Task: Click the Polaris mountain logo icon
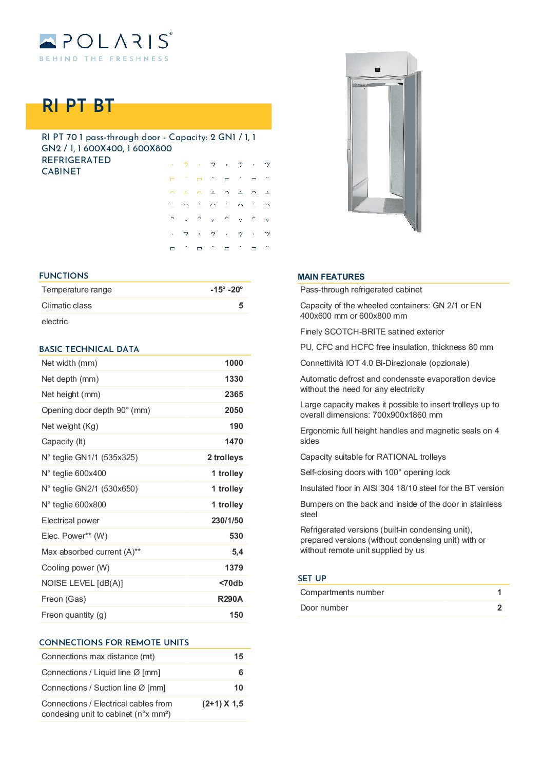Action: point(48,41)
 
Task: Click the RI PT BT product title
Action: point(78,106)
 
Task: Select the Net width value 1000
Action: point(234,363)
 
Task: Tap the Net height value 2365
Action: point(234,395)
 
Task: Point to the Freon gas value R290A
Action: point(230,599)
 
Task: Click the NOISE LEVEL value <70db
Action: point(231,583)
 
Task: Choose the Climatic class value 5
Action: point(241,306)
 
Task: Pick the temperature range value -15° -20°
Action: point(226,290)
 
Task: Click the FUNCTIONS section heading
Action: point(64,275)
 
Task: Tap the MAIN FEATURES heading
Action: point(331,277)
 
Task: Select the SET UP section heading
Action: point(312,578)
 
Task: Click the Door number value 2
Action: point(499,608)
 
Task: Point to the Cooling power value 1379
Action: point(234,568)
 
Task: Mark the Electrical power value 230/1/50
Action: point(227,521)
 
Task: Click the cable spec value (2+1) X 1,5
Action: point(222,704)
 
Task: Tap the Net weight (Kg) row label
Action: point(70,426)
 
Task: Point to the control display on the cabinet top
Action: point(377,69)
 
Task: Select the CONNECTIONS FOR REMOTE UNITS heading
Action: point(114,642)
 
